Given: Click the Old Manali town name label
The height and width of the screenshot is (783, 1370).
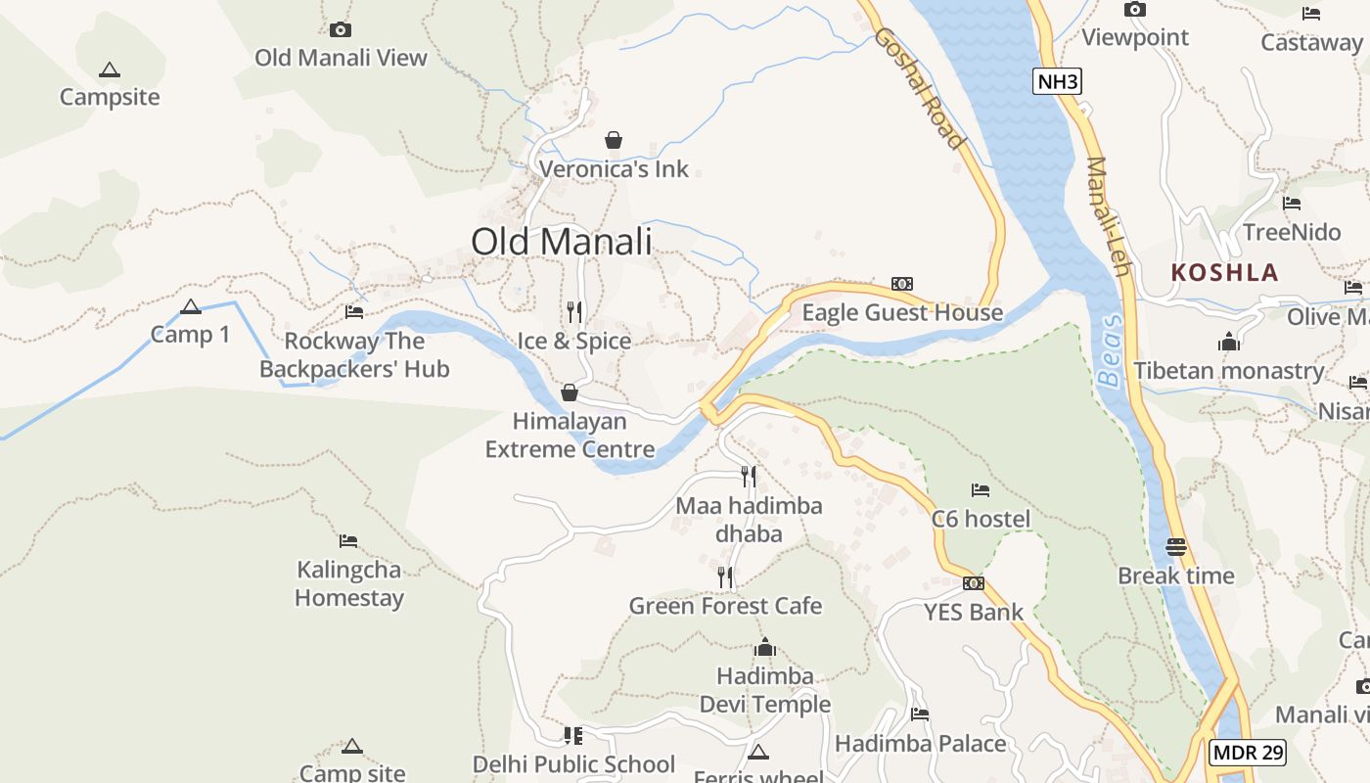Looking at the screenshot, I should tap(561, 241).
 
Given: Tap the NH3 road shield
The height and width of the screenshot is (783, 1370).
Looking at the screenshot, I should tap(1057, 81).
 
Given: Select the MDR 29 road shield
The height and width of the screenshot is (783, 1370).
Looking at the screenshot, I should tap(1248, 753).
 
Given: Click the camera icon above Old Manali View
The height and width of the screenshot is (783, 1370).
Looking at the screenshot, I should tap(341, 29).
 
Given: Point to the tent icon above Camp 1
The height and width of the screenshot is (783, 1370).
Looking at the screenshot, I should tap(191, 307).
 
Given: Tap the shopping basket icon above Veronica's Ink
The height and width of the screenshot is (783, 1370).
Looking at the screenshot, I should tap(614, 140).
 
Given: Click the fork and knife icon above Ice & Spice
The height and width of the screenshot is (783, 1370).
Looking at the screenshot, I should tap(574, 312).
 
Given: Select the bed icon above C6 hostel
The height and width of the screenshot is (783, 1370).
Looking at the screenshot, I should tap(981, 489).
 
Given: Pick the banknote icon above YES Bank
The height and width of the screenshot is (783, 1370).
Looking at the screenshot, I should tap(973, 583).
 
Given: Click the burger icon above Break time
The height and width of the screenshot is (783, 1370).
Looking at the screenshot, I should tap(1176, 546).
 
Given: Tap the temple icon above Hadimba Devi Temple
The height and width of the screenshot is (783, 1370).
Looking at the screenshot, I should tap(765, 647).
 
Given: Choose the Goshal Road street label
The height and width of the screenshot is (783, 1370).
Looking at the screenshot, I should tap(920, 88).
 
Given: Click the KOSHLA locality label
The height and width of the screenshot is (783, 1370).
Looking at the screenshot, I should tap(1224, 273).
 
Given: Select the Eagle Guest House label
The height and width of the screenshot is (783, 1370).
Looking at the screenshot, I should tap(902, 312).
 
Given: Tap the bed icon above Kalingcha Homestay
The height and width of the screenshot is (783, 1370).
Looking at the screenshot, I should tap(348, 541).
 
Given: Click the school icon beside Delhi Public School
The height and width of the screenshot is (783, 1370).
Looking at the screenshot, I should tap(573, 735).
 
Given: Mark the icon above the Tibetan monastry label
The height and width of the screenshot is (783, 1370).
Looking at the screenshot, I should tap(1229, 342).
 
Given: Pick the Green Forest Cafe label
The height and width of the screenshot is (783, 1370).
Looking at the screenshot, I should tap(725, 606).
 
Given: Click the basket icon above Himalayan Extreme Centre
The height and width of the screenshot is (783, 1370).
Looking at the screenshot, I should tap(569, 392).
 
